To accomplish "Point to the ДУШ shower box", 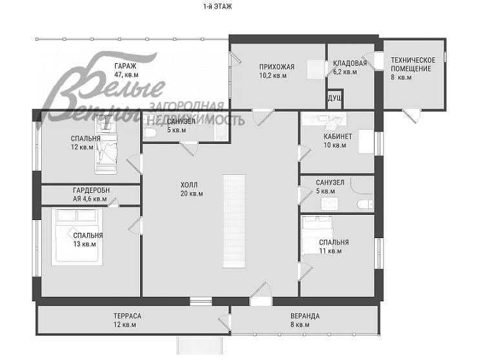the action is pos(335,99).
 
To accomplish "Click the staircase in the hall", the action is pos(234,221).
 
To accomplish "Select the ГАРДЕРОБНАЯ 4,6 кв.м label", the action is pos(91,194).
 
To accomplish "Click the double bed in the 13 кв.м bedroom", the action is pos(77,237).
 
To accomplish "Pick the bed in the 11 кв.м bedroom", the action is pos(316,235).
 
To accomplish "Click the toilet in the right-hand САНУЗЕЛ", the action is pos(365,205).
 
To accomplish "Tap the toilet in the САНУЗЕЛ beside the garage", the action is pos(149,133).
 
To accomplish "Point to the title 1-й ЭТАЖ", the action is pos(218,6).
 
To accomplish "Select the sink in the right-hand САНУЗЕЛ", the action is pos(329,204).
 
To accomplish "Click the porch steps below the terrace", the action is pos(200,345).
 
